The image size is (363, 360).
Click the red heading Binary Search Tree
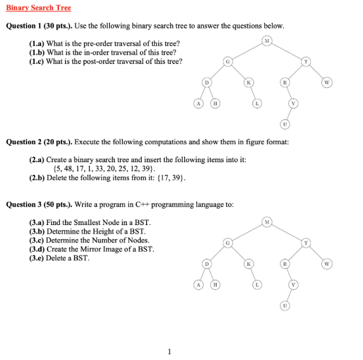(x=38, y=8)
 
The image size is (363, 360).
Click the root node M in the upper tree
(x=267, y=41)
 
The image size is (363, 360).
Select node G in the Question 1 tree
(x=228, y=61)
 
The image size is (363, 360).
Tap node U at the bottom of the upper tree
(x=286, y=125)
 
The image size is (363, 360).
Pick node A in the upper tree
(x=199, y=103)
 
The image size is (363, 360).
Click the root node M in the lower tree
(x=267, y=222)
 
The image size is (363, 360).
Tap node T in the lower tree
(x=306, y=242)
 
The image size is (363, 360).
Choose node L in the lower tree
(x=257, y=284)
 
